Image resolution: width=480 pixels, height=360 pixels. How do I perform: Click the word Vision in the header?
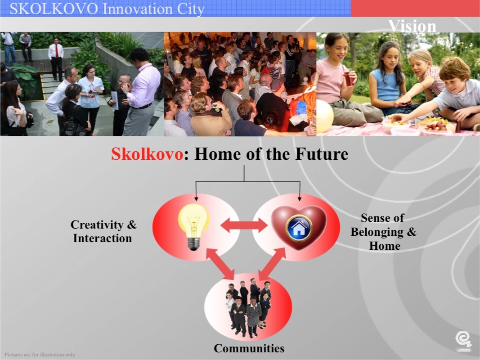point(412,26)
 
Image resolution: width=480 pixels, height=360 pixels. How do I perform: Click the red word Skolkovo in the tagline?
point(147,153)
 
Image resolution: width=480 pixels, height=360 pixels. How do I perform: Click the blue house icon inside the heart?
point(299,228)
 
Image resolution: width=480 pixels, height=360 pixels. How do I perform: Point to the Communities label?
point(249,348)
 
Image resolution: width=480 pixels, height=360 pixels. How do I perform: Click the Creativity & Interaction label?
point(103,231)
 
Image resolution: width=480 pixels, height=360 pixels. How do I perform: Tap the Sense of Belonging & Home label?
point(384,232)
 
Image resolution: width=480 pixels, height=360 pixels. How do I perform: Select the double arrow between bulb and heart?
point(244,225)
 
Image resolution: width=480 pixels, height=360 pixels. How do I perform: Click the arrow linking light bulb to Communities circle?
point(220,264)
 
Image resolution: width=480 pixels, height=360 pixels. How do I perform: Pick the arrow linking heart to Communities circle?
point(272,264)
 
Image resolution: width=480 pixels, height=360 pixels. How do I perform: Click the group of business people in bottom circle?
point(248,308)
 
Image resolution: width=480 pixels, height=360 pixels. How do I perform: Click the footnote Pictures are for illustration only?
point(40,355)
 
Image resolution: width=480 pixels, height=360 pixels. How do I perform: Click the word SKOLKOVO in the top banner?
point(54,9)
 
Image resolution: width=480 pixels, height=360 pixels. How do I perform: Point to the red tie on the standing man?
point(57,51)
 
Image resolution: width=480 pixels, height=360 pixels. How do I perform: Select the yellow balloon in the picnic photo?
point(324,116)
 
